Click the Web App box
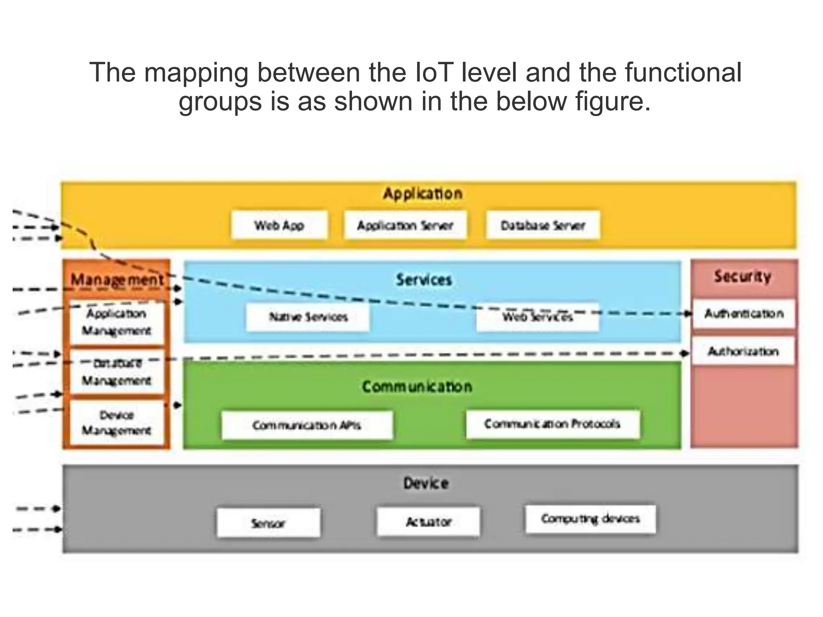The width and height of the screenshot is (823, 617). [279, 225]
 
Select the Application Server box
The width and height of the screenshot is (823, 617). [405, 225]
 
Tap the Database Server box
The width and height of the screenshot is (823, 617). [543, 225]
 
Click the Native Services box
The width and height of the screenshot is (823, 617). [308, 317]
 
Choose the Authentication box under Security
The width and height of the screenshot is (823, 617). [744, 313]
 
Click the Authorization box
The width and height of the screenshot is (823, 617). [743, 351]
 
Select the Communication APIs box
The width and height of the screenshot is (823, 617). [307, 425]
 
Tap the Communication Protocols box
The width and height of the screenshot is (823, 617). [553, 424]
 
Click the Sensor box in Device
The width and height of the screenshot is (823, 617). [268, 523]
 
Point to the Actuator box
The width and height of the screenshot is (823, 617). [428, 522]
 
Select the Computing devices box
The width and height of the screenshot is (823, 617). [590, 519]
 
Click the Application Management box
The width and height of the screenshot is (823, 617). [117, 323]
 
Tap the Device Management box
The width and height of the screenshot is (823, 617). [117, 423]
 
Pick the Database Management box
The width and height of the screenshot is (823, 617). [117, 372]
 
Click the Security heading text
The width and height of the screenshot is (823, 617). [743, 276]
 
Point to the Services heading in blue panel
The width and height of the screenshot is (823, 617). [424, 280]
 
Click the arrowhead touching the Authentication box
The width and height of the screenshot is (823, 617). [689, 313]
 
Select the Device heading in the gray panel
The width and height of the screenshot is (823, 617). [426, 483]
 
